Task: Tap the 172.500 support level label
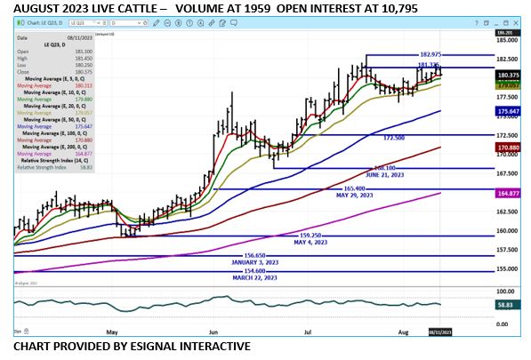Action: click(394, 139)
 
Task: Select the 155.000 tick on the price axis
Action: click(507, 268)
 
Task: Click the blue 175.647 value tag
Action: click(507, 110)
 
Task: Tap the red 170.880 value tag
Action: click(507, 147)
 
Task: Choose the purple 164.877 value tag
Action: click(507, 192)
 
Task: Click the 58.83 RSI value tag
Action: click(505, 304)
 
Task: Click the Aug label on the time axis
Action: click(403, 331)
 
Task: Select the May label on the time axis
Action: click(113, 331)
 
